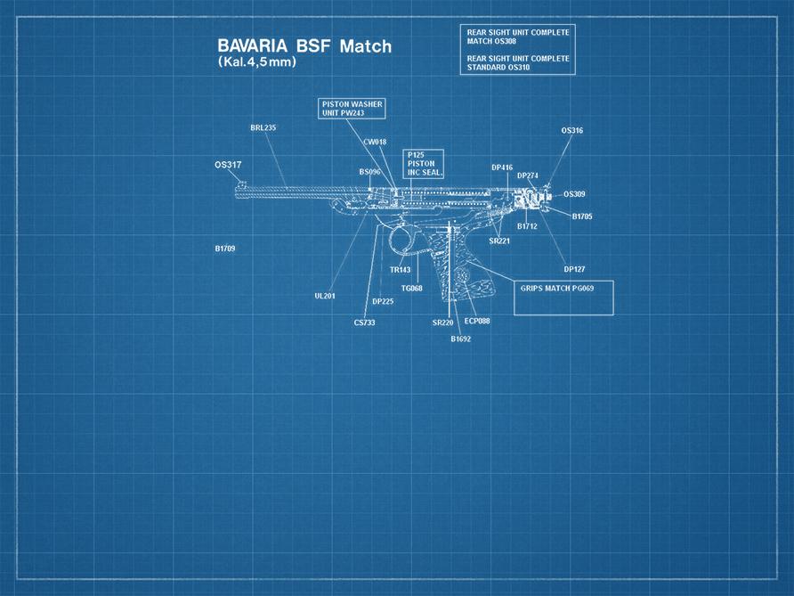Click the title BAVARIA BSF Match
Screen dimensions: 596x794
pos(304,46)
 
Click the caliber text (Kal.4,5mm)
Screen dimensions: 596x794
pos(257,63)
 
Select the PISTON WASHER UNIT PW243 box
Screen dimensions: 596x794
pos(352,109)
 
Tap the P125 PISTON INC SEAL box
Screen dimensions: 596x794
pos(424,164)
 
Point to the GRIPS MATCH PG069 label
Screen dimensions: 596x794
pos(556,289)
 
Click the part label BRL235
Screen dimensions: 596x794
pos(263,128)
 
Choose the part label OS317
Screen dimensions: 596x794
pos(228,165)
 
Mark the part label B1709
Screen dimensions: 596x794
pos(224,249)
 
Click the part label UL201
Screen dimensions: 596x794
pos(324,296)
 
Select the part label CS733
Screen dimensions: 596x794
pos(364,322)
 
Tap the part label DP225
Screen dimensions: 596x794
pos(383,301)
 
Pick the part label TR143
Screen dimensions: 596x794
pos(400,270)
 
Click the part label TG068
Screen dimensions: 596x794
pos(411,288)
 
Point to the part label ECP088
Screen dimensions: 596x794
pos(477,321)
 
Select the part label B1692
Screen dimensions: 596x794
pos(460,339)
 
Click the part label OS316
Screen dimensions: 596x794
pos(571,131)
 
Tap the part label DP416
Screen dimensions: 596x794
pos(502,167)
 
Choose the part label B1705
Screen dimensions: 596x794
pos(582,216)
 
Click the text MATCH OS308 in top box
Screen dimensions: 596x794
pos(491,41)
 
